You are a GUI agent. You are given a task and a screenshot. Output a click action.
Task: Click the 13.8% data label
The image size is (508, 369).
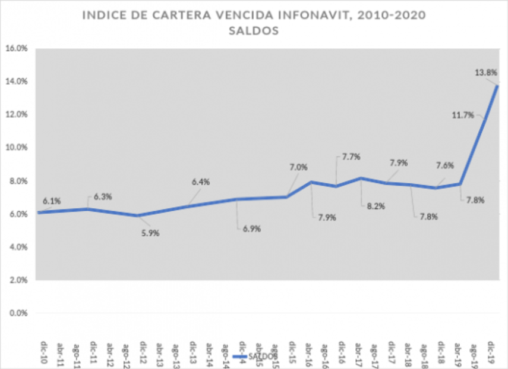485,72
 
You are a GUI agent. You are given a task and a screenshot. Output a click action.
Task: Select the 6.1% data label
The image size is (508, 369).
51,201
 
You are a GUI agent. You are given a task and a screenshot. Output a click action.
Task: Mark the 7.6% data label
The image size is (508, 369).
446,166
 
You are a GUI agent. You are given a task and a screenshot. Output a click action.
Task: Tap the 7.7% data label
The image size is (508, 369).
352,157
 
